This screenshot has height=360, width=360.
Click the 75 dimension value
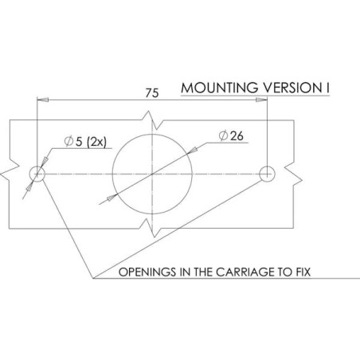(152, 93)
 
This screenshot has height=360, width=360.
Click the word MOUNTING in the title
(220, 88)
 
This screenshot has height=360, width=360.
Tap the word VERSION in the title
(291, 88)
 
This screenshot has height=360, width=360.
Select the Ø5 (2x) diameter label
(85, 142)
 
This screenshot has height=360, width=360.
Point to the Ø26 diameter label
(231, 136)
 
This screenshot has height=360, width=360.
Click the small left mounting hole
(37, 174)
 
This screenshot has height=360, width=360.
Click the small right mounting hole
(267, 174)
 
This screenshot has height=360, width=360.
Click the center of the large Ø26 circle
(152, 174)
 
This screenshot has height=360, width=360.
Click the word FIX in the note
(303, 272)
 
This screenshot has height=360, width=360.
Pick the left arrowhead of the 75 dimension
(43, 100)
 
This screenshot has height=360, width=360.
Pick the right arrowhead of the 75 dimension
(261, 100)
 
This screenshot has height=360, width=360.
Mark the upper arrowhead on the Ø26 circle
(192, 151)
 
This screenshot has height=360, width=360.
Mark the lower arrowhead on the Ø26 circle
(112, 198)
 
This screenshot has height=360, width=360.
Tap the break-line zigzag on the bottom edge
(151, 228)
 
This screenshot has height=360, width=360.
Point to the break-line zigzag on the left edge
(10, 170)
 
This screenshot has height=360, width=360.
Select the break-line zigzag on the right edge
(293, 174)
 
